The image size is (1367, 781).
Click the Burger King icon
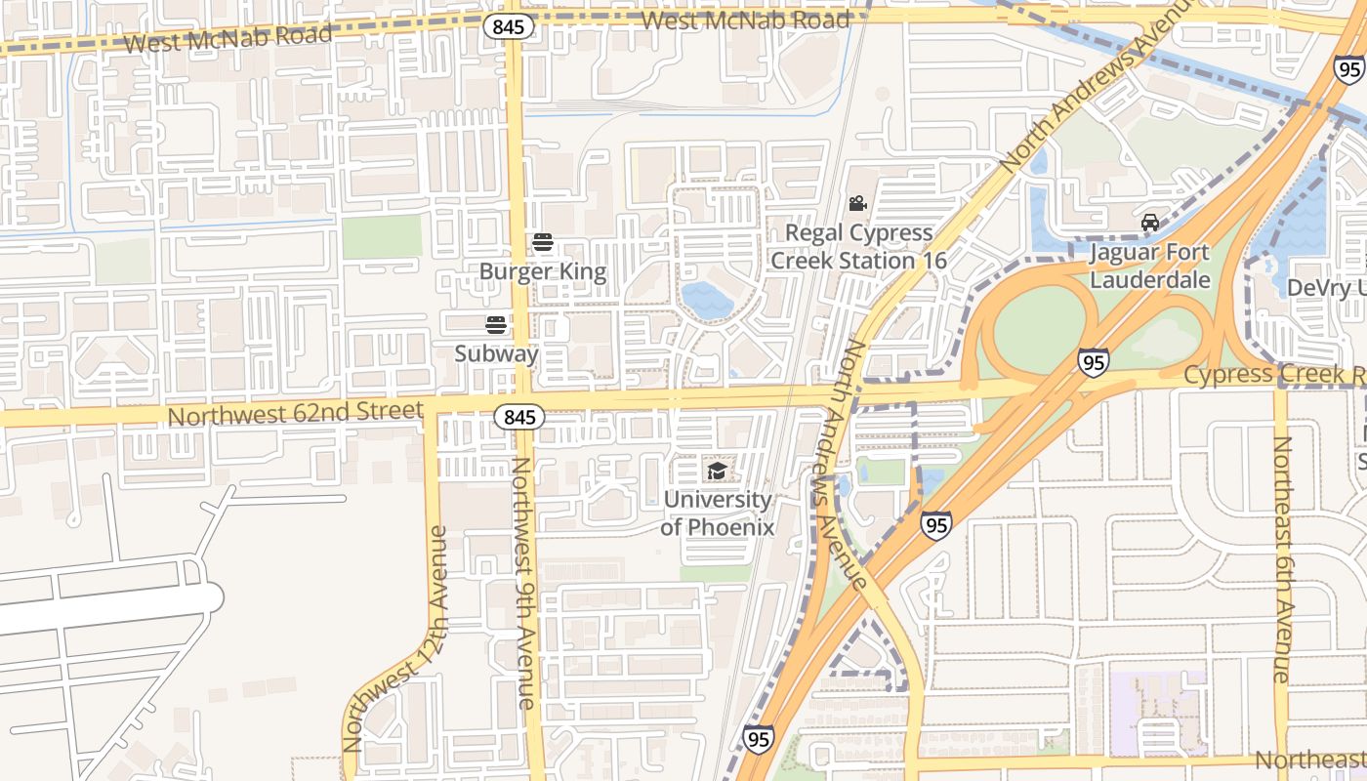click(543, 243)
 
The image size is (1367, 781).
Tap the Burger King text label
click(543, 271)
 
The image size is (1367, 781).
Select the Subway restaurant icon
click(496, 325)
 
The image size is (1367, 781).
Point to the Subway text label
click(496, 353)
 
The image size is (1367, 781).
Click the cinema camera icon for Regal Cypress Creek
click(857, 204)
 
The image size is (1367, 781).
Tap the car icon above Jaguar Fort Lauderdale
click(1150, 223)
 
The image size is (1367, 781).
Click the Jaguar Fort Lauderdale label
click(1149, 267)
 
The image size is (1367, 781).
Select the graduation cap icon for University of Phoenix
click(718, 472)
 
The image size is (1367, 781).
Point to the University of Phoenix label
click(718, 514)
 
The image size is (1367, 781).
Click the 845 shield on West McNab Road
click(509, 26)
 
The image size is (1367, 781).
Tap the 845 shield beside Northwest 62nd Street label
click(519, 417)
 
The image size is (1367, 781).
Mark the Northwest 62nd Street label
click(295, 414)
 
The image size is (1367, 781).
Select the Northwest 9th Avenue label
click(523, 583)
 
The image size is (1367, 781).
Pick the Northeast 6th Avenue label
click(1281, 559)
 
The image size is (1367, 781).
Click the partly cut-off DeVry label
click(1326, 287)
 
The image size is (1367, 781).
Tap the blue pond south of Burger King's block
click(706, 300)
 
